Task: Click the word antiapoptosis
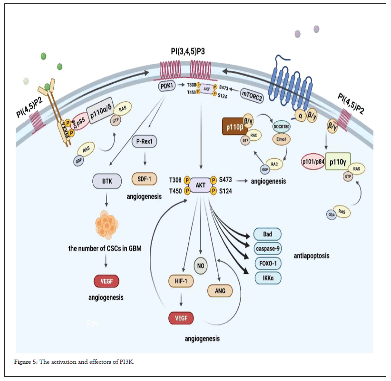pos(311,256)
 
